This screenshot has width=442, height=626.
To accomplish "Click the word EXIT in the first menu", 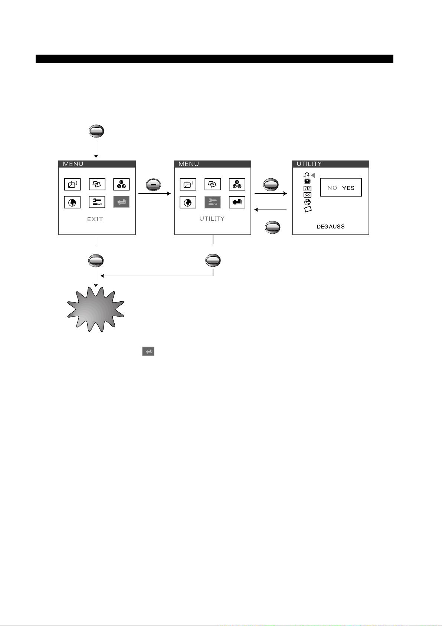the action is tap(95, 219).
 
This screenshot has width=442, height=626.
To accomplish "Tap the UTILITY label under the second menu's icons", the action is tap(212, 218).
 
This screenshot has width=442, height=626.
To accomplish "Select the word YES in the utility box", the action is tap(348, 188).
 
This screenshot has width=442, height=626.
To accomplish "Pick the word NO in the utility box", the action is tap(332, 188).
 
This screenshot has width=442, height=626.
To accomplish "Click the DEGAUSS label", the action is tap(330, 227).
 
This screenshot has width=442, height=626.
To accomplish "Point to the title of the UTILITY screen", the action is tap(309, 164).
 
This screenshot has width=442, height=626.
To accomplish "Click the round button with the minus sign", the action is tap(153, 185).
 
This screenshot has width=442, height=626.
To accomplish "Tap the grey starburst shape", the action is tap(96, 309).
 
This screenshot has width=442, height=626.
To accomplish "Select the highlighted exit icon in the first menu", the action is tap(121, 202).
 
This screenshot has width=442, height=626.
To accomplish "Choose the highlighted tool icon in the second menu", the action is tap(213, 202).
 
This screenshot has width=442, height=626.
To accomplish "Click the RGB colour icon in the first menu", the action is tap(121, 184).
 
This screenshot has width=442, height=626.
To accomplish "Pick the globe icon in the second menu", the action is tap(188, 202).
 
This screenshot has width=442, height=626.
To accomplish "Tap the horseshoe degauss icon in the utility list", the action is tap(307, 175).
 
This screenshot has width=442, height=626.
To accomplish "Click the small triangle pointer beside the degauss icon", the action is tap(313, 175).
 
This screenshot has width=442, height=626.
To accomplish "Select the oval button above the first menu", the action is tap(96, 131).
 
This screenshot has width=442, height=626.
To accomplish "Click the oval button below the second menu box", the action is tap(213, 261).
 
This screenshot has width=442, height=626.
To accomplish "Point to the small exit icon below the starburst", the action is tap(148, 351).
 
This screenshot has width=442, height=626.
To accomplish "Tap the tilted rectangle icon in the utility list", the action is tap(308, 210).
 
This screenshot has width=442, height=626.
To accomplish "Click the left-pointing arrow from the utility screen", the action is tap(271, 210).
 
